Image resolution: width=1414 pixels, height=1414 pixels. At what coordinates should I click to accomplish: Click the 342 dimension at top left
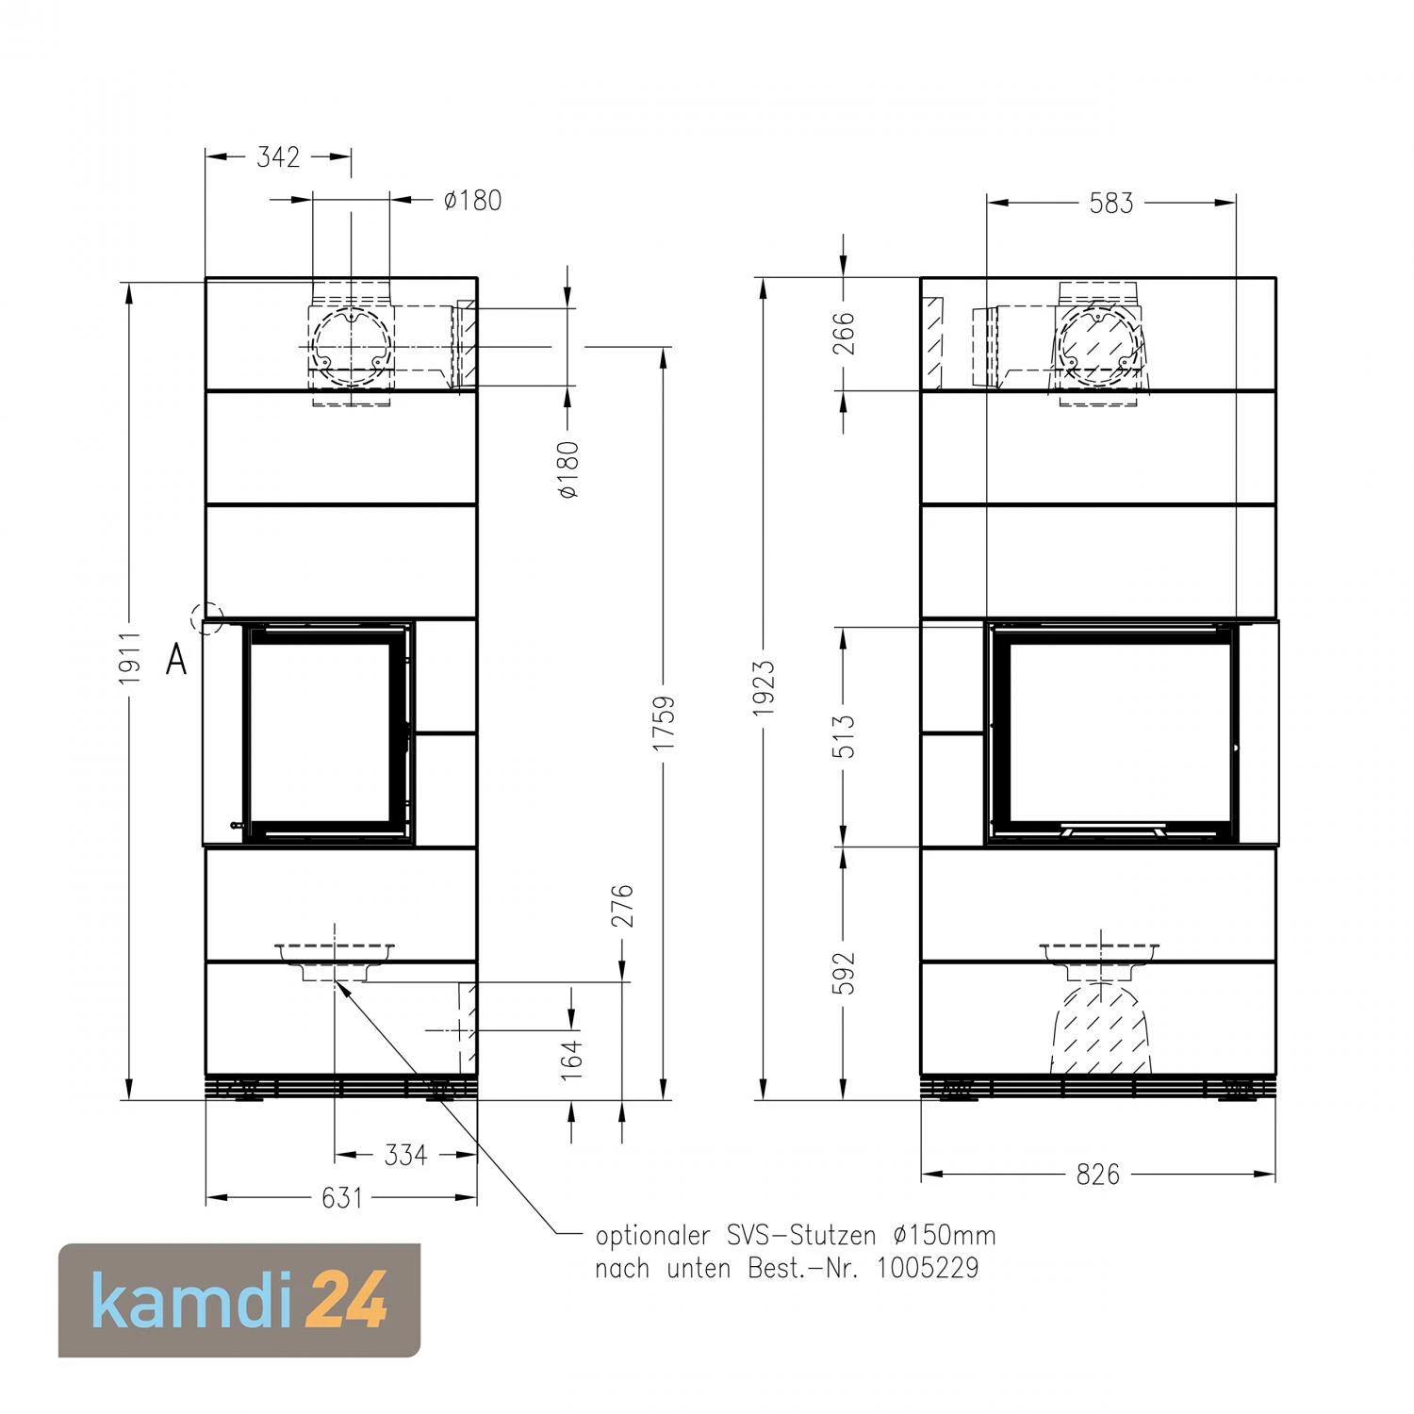278,156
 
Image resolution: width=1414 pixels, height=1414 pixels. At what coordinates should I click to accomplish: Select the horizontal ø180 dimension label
472,200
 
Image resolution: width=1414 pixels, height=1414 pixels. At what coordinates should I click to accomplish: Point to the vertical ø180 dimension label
568,469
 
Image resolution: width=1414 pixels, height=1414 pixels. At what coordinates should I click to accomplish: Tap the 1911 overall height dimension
129,658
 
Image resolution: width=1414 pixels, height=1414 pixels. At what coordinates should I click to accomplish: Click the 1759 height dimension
665,723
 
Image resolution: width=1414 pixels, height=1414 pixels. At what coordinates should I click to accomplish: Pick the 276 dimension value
622,906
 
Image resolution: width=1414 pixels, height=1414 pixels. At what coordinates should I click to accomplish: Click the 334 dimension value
405,1155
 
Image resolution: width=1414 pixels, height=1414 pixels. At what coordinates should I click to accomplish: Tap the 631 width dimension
341,1197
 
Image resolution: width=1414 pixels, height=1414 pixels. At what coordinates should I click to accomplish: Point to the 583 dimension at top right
1111,203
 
